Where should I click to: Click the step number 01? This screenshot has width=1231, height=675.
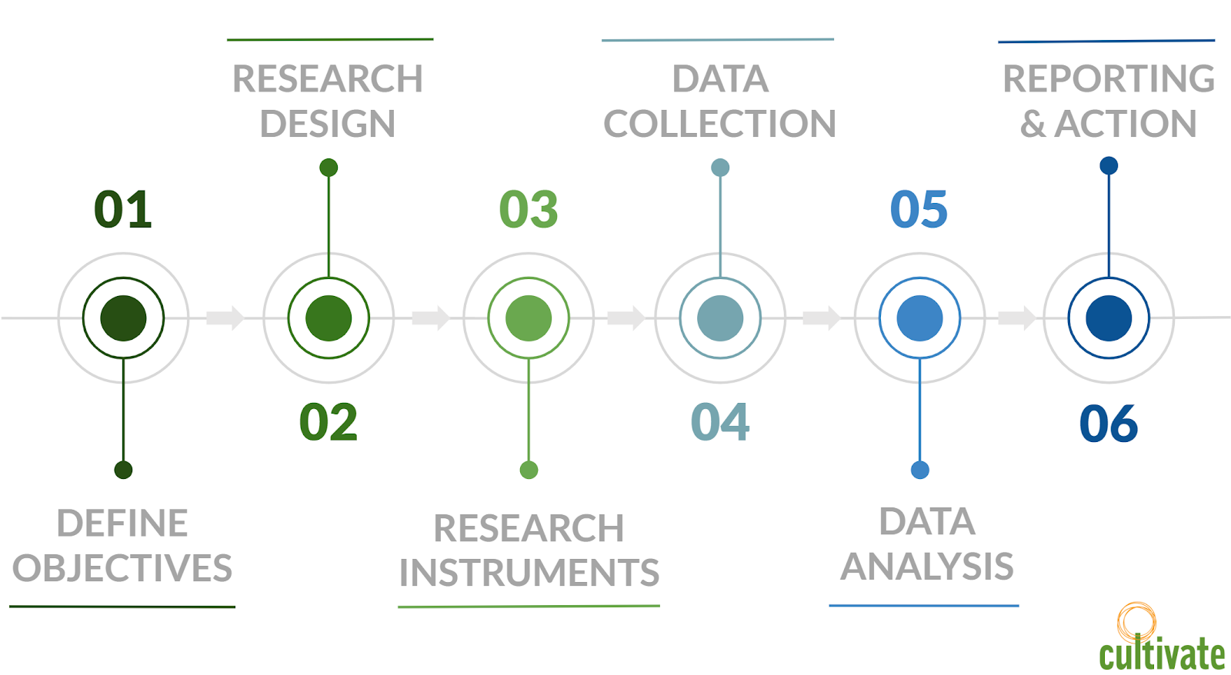tap(123, 209)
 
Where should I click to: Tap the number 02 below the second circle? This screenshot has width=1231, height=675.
tap(329, 422)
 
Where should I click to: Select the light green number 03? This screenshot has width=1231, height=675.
tap(529, 209)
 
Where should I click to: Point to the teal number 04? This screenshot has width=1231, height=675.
tap(720, 422)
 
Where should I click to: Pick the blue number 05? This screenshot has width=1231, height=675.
tap(919, 209)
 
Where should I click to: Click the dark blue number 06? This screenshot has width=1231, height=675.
tap(1109, 424)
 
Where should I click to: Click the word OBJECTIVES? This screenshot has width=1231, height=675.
tap(122, 569)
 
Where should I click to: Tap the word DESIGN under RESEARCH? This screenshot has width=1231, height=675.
tap(328, 124)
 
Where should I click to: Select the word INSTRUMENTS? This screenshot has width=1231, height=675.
tap(529, 573)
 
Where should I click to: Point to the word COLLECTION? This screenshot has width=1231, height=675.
tap(719, 124)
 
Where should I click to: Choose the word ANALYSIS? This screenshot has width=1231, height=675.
tap(927, 567)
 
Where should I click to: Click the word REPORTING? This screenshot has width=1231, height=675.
tap(1109, 78)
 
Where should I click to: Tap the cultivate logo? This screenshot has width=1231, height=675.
tap(1161, 642)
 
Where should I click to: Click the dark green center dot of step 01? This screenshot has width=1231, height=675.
tap(123, 318)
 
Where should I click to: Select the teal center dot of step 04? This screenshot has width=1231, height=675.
tap(720, 318)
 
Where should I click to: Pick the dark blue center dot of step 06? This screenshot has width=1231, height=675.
tap(1109, 318)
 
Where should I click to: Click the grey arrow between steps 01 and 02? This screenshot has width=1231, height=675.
tap(225, 317)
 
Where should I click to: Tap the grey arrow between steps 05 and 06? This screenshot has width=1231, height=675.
tap(1016, 317)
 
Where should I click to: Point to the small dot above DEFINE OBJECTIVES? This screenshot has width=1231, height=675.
tap(123, 470)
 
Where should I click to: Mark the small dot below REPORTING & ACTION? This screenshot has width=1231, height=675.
tap(1109, 165)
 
